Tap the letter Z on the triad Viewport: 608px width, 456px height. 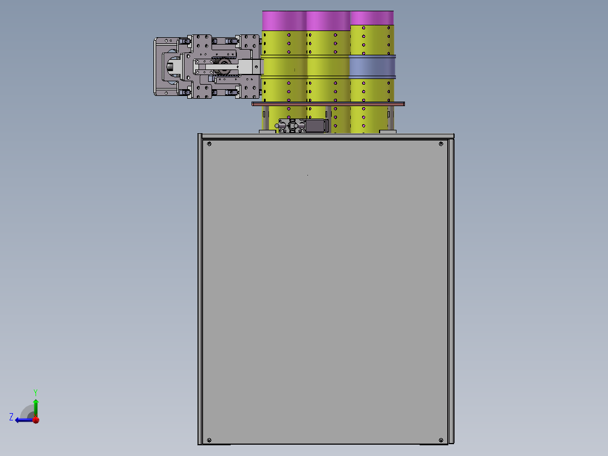pyautogui.click(x=11, y=417)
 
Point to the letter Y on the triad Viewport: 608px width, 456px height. pyautogui.click(x=36, y=392)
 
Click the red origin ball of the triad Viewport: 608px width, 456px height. pyautogui.click(x=36, y=420)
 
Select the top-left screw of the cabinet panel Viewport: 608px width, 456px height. pyautogui.click(x=209, y=144)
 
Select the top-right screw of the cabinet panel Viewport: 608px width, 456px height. pyautogui.click(x=441, y=144)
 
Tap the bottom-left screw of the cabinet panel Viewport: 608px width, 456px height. pyautogui.click(x=209, y=440)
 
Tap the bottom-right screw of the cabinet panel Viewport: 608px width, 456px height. pyautogui.click(x=441, y=440)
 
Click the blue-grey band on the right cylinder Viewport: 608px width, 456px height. pyautogui.click(x=372, y=67)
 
